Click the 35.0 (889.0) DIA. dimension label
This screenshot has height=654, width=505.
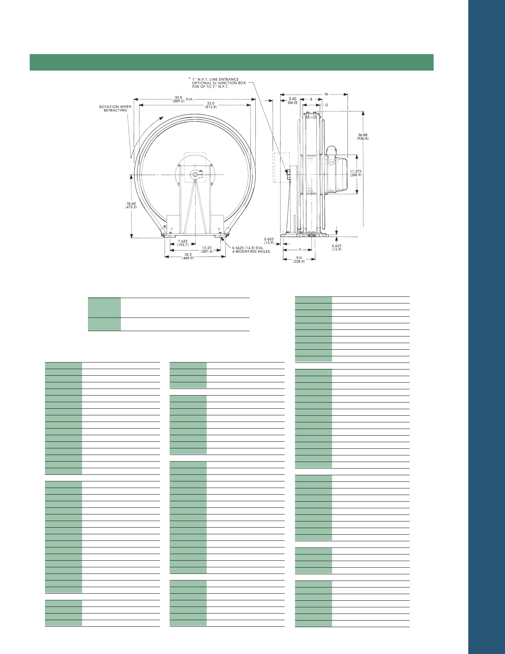coord(183,99)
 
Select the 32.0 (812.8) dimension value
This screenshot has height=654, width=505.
coord(211,105)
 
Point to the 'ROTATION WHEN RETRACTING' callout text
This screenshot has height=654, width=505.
coord(116,108)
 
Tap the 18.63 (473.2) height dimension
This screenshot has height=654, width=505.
coord(131,205)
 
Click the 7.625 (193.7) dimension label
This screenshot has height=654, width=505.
coord(183,243)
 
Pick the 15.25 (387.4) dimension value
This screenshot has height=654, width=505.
coord(207,249)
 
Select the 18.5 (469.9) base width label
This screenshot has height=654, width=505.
coord(188,256)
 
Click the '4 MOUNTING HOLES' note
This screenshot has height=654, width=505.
coord(251,251)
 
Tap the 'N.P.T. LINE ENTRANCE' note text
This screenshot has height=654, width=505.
coord(219,79)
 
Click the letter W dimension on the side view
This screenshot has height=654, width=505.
coord(326,94)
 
